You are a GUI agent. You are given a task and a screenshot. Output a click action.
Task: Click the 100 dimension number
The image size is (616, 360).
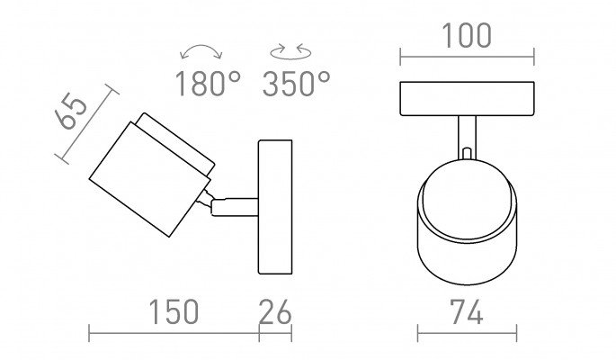coord(467,35)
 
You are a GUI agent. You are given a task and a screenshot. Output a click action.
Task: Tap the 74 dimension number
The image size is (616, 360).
coord(467,311)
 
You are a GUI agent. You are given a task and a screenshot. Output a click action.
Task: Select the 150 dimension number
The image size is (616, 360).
coord(174,311)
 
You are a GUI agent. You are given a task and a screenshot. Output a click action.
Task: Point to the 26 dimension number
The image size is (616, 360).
coord(275,311)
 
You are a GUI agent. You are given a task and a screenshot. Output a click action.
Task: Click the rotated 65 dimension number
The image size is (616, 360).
coord(71,111)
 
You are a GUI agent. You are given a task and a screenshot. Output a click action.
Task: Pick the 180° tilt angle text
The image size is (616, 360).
coord(208,84)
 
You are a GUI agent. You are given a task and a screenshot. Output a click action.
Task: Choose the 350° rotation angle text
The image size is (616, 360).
coord(297,84)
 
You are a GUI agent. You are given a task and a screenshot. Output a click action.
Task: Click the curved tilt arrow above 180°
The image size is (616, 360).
coord(201,47)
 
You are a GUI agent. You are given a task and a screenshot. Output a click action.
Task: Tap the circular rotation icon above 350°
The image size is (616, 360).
coord(290,52)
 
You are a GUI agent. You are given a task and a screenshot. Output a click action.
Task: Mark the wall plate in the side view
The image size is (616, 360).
coord(275,207)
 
